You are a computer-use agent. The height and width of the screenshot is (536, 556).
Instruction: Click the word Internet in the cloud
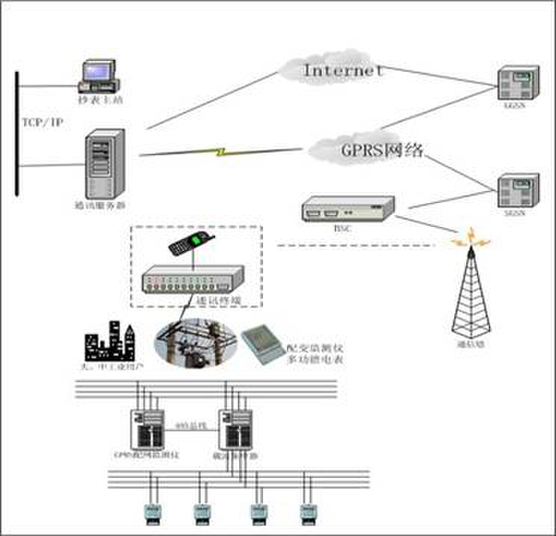[343, 71]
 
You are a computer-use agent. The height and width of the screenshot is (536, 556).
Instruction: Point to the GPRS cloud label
[382, 150]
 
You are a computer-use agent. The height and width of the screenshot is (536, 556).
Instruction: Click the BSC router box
[347, 208]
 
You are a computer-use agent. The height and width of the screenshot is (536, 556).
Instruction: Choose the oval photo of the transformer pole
[195, 343]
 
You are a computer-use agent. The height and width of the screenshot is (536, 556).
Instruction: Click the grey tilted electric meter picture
[262, 343]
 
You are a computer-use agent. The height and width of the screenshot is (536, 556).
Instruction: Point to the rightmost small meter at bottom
[306, 511]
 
